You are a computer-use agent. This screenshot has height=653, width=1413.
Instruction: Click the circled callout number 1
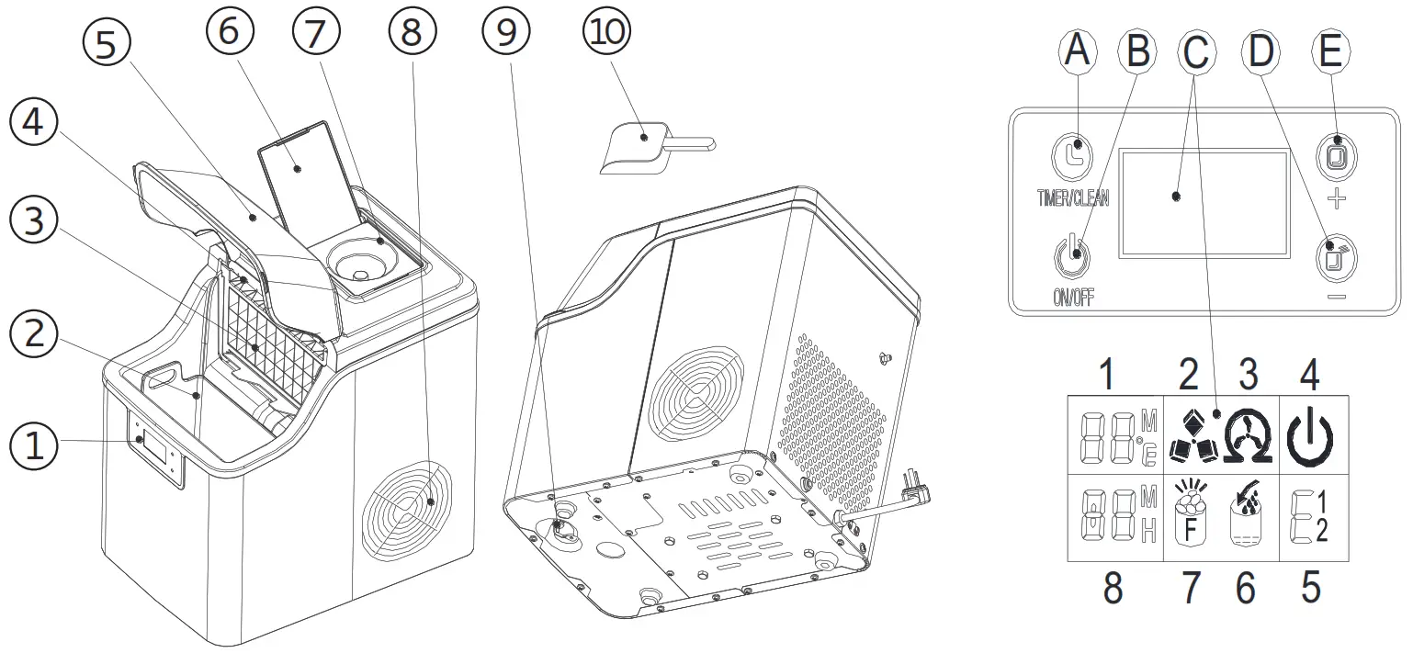tap(34, 447)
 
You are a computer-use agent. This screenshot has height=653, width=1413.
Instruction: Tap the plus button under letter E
tap(1336, 156)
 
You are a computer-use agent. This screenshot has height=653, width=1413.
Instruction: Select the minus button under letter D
tap(1336, 258)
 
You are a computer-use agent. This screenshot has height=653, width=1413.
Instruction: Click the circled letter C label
tap(1195, 53)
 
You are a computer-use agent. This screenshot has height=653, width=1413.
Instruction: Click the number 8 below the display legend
tap(1113, 589)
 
